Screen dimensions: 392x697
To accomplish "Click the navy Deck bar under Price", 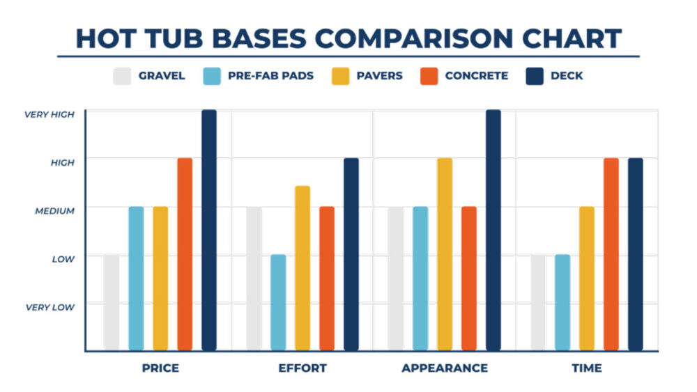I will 209,230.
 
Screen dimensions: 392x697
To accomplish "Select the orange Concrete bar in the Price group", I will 185,254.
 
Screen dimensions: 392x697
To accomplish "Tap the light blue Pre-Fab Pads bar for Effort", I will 278,302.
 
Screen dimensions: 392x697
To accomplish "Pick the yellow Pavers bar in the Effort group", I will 302,268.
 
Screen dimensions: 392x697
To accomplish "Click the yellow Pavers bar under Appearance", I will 445,254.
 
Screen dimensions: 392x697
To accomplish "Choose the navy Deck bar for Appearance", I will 493,230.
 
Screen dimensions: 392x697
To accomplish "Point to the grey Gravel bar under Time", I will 538,302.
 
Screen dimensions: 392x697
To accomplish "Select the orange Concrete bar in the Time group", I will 611,254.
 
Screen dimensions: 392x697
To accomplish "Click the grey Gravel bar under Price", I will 112,302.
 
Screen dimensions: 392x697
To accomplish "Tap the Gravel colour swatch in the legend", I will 122,75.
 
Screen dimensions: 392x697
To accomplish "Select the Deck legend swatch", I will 534,75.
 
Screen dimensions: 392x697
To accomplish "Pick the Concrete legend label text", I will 477,75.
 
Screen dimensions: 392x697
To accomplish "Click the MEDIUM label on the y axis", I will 55,210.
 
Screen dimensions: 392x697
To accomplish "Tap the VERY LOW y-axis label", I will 50,307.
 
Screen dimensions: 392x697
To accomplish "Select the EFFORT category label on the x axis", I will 302,368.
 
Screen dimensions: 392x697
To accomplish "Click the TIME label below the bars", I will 587,368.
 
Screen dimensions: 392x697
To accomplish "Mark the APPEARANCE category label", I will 445,368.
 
